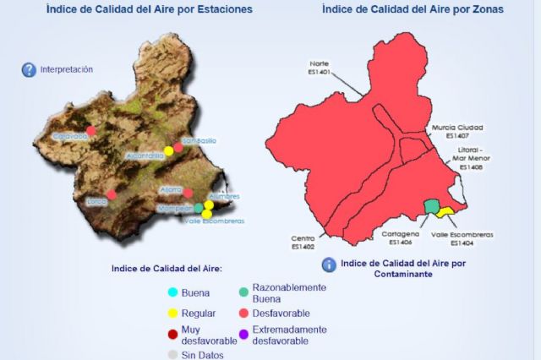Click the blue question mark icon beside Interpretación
pos(29,70)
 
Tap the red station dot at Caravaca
pos(91,131)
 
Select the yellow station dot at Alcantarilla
pos(169,150)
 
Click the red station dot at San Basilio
pos(178,146)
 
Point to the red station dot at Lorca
pos(112,194)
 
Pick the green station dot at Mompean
pos(199,207)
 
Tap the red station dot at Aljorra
pos(188,194)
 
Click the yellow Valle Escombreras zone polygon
pos(446,210)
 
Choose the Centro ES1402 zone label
pos(303,243)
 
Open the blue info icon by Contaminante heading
pos(329,265)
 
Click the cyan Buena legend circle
pos(173,293)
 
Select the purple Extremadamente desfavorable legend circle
pos(244,335)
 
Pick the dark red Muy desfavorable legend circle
pos(173,335)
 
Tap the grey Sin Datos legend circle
pos(173,355)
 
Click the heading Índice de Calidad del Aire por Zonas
pos(413,9)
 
